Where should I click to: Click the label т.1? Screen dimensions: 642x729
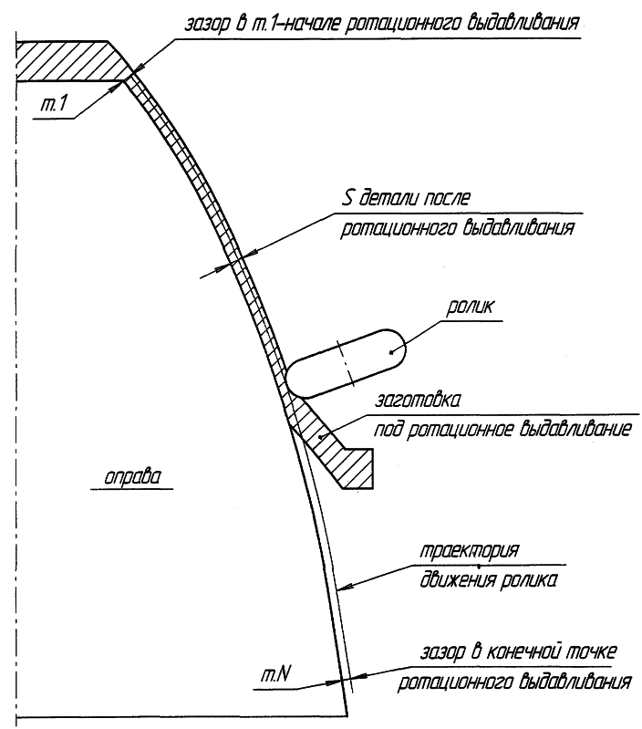54,104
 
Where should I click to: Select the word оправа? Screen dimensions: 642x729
132,477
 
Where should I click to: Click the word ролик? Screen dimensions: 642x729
470,307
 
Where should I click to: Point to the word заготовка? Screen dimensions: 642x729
418,401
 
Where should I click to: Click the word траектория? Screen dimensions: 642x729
470,552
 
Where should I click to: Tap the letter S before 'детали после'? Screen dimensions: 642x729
347,199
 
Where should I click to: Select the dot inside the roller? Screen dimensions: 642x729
391,352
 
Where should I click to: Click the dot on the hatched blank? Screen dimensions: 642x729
319,436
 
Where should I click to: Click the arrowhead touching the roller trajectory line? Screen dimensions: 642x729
345,588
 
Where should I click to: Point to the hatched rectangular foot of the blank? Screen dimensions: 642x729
357,469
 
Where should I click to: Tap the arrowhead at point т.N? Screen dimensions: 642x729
334,682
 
